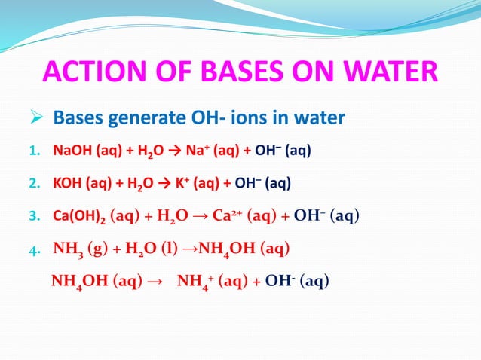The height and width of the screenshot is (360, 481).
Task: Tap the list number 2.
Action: coord(34,183)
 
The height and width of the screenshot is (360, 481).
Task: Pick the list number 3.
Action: coord(34,217)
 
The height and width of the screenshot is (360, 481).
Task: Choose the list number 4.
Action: coord(35,249)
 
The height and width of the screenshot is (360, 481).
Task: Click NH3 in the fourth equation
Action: coord(69,249)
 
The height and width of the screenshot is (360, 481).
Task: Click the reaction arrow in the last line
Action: coord(152,282)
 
